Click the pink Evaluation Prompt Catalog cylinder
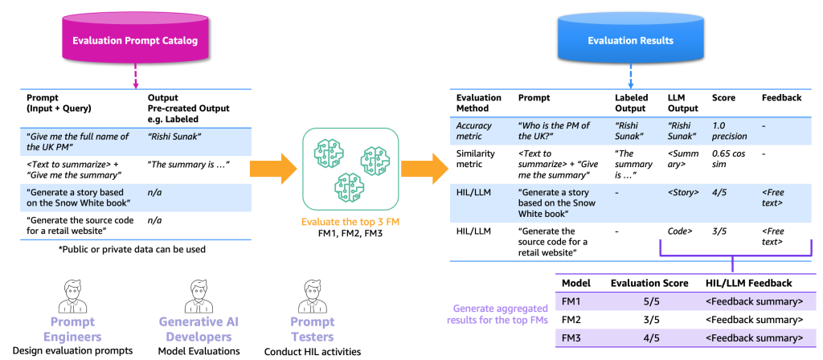coord(134,40)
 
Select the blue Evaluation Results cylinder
coord(630,40)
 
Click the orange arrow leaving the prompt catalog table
coord(272,169)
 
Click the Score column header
coord(724,98)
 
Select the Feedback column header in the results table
coord(781,98)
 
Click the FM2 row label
coord(571,320)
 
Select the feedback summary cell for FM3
coord(754,337)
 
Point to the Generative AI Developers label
coord(199,329)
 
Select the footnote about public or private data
coord(132,250)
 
